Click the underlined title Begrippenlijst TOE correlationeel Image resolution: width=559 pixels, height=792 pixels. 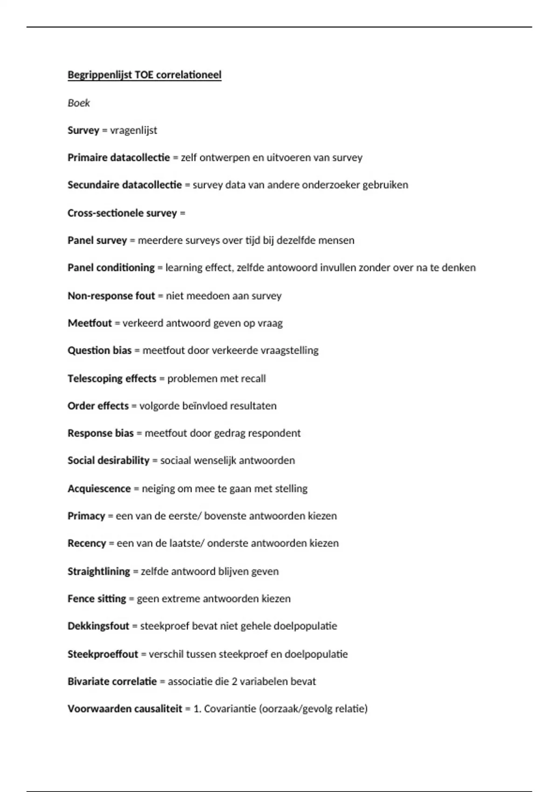(x=144, y=75)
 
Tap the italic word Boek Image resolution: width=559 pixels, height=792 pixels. (x=79, y=103)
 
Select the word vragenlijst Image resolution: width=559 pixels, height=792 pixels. (x=134, y=130)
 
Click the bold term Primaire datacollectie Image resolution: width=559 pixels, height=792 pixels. (x=119, y=157)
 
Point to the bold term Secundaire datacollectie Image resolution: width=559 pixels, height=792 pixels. (x=124, y=185)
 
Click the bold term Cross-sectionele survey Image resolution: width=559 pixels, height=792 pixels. (x=122, y=213)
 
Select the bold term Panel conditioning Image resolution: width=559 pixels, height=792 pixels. (x=111, y=268)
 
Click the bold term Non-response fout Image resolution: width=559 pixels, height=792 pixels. (x=111, y=296)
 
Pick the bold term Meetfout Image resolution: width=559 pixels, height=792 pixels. (x=90, y=323)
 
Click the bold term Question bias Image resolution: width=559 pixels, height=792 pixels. (x=100, y=350)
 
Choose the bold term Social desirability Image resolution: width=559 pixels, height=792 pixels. (x=109, y=460)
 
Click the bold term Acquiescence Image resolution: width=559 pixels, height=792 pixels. (x=99, y=489)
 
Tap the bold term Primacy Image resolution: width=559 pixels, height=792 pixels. (x=86, y=516)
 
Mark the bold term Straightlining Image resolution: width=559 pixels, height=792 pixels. (x=99, y=571)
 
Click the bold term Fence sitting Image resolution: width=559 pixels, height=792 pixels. (x=97, y=599)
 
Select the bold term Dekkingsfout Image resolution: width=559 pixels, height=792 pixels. (x=98, y=626)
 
